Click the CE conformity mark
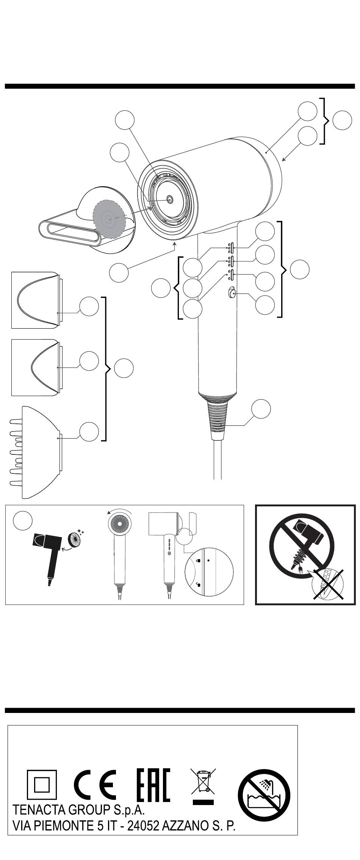(95, 785)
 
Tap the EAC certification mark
(153, 785)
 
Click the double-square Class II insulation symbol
(42, 785)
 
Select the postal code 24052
(143, 826)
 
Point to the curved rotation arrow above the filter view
(119, 510)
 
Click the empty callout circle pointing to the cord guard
(261, 409)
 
